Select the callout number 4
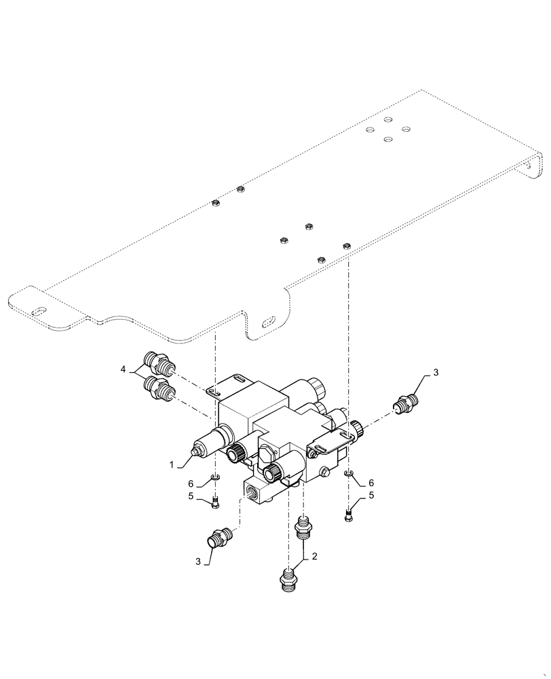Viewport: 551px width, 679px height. click(123, 369)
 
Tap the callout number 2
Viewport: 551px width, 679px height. click(313, 556)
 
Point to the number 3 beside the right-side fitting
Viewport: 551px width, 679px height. click(436, 372)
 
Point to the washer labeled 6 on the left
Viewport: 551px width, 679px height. click(214, 480)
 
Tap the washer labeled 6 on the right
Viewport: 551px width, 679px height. click(349, 473)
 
